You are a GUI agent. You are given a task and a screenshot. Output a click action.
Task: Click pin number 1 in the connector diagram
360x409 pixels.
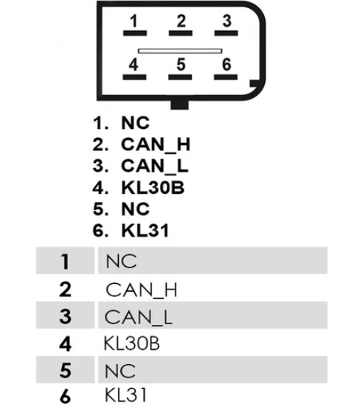click(x=134, y=21)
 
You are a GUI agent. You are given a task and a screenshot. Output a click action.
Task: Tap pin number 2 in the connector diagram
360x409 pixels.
click(x=181, y=21)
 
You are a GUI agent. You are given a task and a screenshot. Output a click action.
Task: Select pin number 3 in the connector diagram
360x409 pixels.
click(x=226, y=21)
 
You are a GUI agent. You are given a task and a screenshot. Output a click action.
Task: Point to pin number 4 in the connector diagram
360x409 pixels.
click(x=134, y=64)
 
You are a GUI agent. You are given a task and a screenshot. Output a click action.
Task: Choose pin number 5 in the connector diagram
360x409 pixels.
click(x=181, y=64)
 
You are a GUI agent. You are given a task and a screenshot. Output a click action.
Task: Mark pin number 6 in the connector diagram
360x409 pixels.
click(x=226, y=64)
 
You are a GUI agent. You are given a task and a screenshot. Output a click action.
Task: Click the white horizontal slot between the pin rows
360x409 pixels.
click(x=180, y=51)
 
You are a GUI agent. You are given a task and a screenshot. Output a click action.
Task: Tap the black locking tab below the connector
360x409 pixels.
click(x=179, y=105)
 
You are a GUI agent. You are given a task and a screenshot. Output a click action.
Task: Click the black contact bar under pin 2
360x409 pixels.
click(x=181, y=33)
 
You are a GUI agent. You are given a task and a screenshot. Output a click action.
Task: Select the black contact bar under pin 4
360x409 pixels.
click(x=134, y=77)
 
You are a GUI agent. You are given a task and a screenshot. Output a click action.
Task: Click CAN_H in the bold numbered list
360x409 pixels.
click(x=156, y=144)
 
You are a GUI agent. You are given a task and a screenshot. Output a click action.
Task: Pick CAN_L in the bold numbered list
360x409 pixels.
click(x=154, y=166)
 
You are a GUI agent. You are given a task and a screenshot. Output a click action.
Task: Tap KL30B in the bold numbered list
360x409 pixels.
click(x=153, y=187)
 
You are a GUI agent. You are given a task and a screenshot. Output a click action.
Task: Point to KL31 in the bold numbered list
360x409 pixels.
click(x=145, y=231)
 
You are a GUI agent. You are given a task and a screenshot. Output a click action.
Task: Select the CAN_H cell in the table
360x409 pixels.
click(x=141, y=290)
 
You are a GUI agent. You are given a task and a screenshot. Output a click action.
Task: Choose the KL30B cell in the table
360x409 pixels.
click(x=131, y=343)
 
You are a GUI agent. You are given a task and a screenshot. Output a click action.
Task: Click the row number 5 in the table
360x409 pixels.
click(x=65, y=371)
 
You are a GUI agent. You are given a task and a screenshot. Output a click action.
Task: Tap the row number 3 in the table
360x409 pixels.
click(x=65, y=316)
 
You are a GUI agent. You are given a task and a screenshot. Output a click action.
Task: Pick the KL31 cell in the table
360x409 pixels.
click(x=125, y=395)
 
